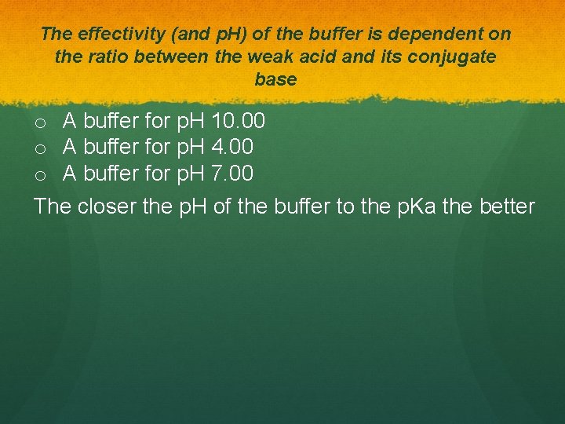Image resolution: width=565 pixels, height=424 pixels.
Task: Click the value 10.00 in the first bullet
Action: [239, 121]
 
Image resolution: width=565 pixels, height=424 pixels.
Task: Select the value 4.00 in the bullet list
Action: [232, 147]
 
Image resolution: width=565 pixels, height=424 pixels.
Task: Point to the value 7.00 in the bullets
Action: [232, 173]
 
